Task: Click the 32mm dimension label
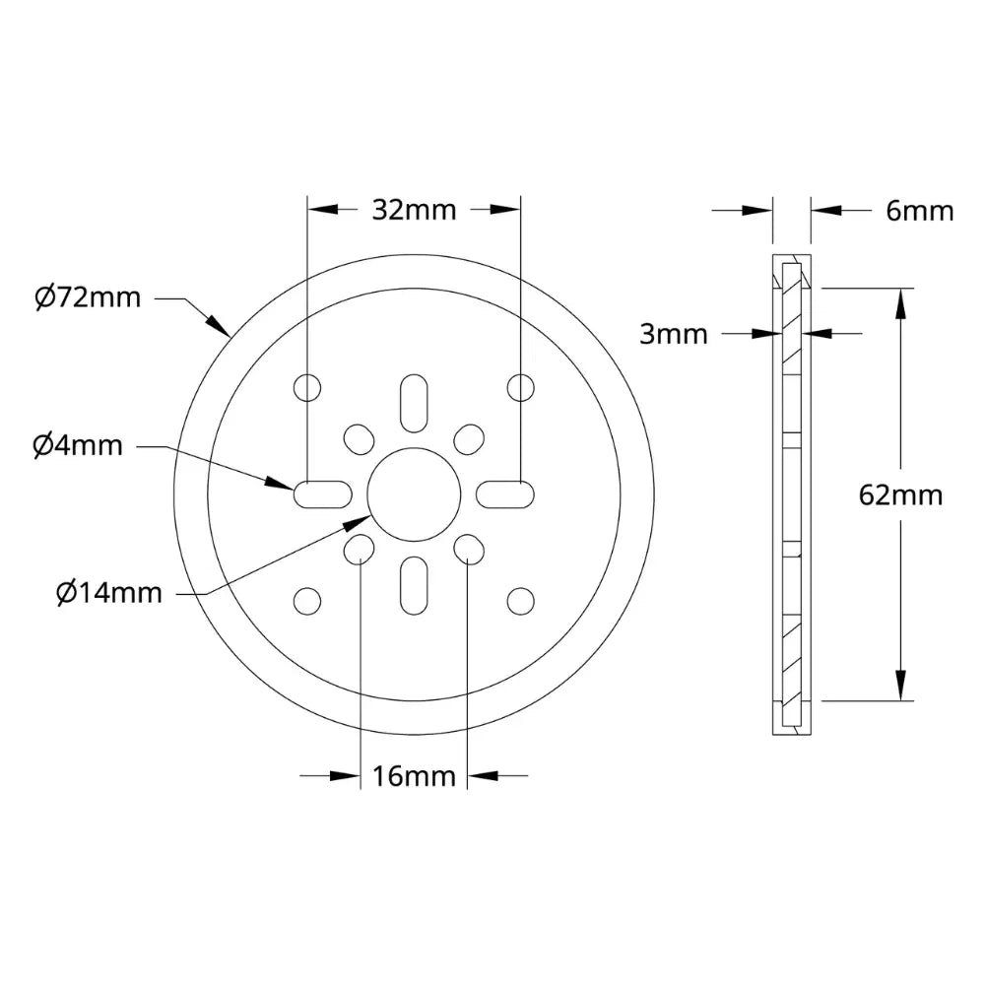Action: pyautogui.click(x=414, y=209)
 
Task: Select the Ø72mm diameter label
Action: pyautogui.click(x=87, y=297)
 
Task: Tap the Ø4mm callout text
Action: pyautogui.click(x=78, y=446)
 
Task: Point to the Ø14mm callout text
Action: pyautogui.click(x=108, y=593)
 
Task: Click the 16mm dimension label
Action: pyautogui.click(x=414, y=776)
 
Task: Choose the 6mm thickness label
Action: pyautogui.click(x=920, y=210)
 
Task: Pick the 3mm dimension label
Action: pyautogui.click(x=674, y=334)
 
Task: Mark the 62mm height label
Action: pyautogui.click(x=900, y=494)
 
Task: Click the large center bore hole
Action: pyautogui.click(x=414, y=494)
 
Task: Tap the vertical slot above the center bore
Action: pyautogui.click(x=414, y=401)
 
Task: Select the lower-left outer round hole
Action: pyautogui.click(x=308, y=599)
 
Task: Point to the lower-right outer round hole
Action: pyautogui.click(x=519, y=599)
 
